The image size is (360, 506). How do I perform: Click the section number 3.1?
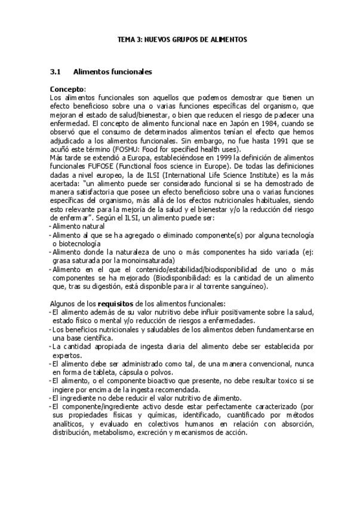coord(56,72)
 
